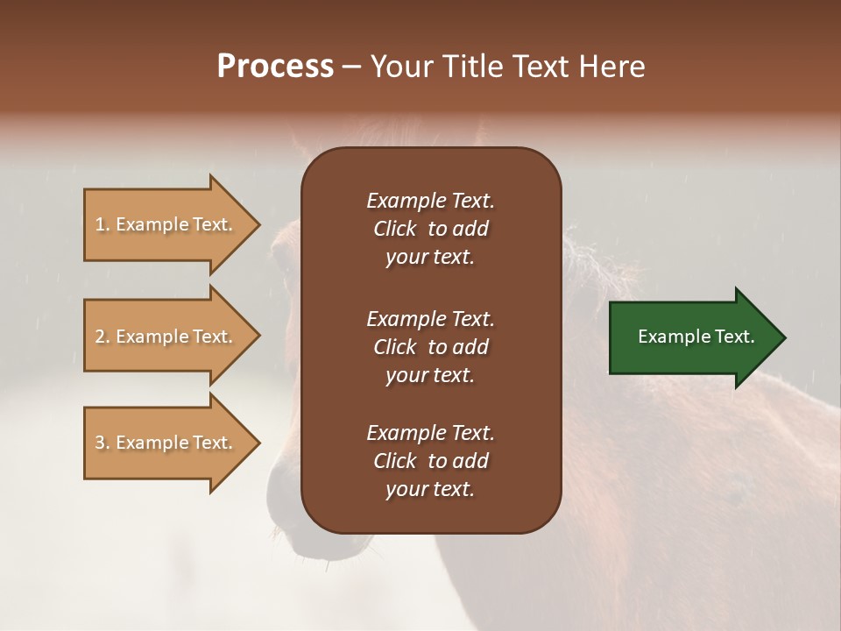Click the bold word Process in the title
point(275,67)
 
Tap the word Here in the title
point(612,67)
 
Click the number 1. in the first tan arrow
point(102,224)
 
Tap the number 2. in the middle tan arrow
point(102,337)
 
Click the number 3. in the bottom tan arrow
point(102,443)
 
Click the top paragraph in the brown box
point(430,229)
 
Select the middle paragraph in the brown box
point(430,347)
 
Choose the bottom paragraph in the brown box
point(430,461)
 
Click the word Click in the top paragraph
point(395,229)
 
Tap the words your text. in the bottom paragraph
point(430,489)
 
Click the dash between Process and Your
point(351,67)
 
